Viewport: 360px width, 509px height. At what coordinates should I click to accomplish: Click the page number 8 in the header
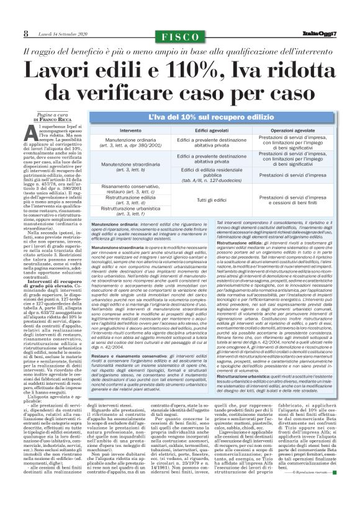pyautogui.click(x=25, y=32)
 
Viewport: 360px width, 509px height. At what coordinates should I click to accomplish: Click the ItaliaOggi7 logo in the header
pyautogui.click(x=320, y=32)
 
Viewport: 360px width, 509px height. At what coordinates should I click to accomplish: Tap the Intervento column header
pyautogui.click(x=130, y=131)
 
